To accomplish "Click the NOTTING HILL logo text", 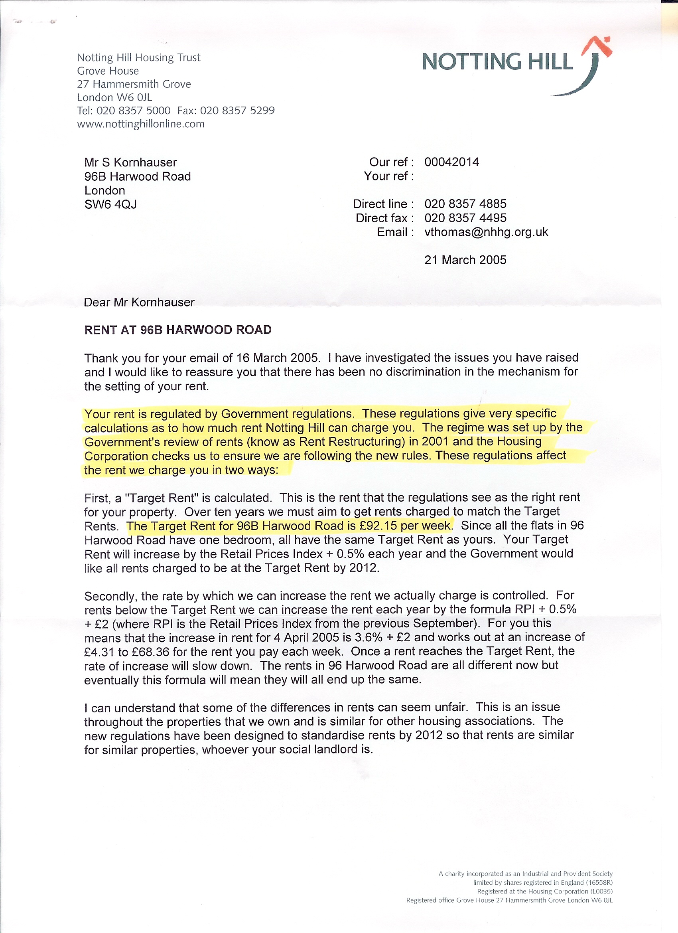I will tap(497, 62).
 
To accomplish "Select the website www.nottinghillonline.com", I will tap(141, 124).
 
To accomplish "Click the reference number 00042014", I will tap(451, 162).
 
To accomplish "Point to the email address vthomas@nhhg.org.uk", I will tap(486, 232).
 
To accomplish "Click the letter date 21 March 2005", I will tap(465, 260).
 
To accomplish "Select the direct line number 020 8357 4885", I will tap(465, 204).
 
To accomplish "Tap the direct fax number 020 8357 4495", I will tap(465, 218).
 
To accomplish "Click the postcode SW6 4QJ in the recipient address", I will tap(110, 204).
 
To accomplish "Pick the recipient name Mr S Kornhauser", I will tap(130, 162).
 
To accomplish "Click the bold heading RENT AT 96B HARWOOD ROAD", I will tap(177, 330).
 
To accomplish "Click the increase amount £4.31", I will tap(99, 652).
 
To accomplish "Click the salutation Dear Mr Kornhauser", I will tap(139, 302).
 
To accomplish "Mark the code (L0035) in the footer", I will tap(601, 891).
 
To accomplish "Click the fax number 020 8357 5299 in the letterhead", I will tap(237, 111).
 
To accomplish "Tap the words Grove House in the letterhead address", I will tap(108, 71).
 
